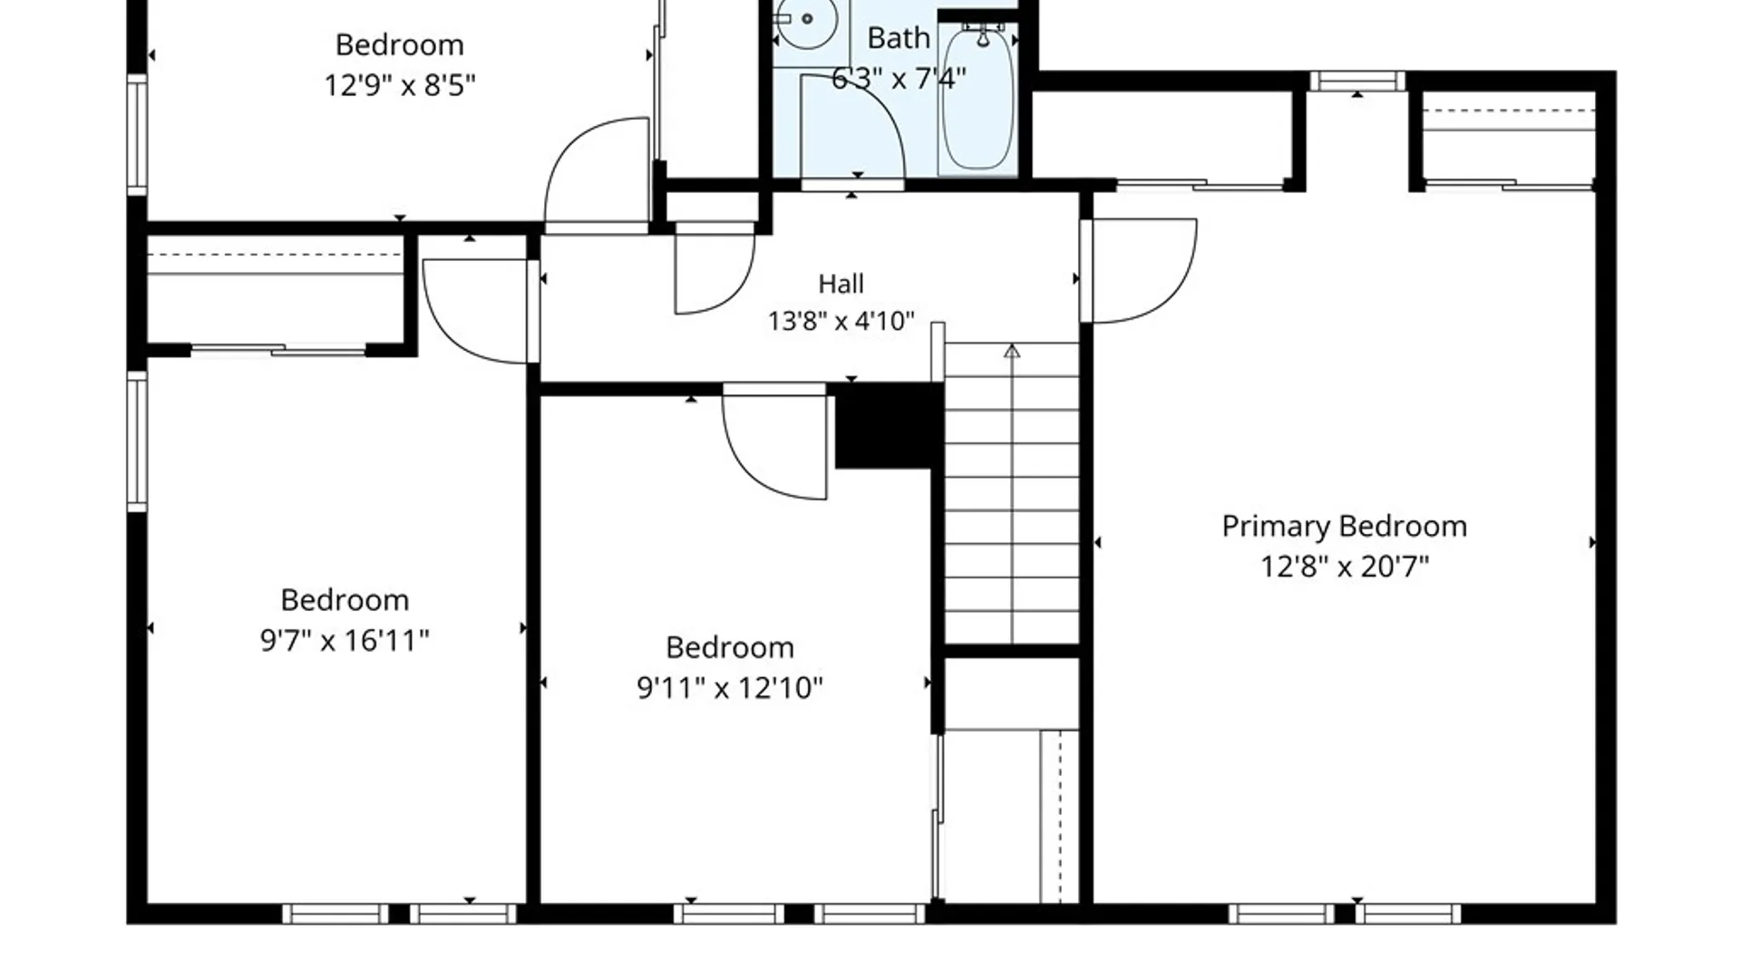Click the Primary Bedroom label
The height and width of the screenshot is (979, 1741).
coord(1344,527)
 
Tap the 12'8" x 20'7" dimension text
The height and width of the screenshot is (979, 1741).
coord(1345,567)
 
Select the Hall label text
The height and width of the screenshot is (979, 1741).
coord(841,284)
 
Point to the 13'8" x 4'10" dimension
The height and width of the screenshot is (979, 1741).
coord(841,321)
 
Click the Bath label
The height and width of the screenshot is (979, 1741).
coord(899,38)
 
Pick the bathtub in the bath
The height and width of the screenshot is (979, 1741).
coord(977,98)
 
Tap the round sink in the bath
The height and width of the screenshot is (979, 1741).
coord(805,20)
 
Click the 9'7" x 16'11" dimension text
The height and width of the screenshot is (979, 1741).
coord(345,641)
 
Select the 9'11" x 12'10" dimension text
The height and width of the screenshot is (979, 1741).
coord(730,688)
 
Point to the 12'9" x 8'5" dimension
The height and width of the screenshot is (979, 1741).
coord(400,85)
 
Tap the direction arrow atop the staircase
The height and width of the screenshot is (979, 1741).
coord(1012,350)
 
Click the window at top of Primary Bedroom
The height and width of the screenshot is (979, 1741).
coord(1357,82)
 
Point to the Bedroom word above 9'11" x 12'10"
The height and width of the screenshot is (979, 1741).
coord(730,648)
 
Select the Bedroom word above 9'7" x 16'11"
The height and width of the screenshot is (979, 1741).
coord(345,600)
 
